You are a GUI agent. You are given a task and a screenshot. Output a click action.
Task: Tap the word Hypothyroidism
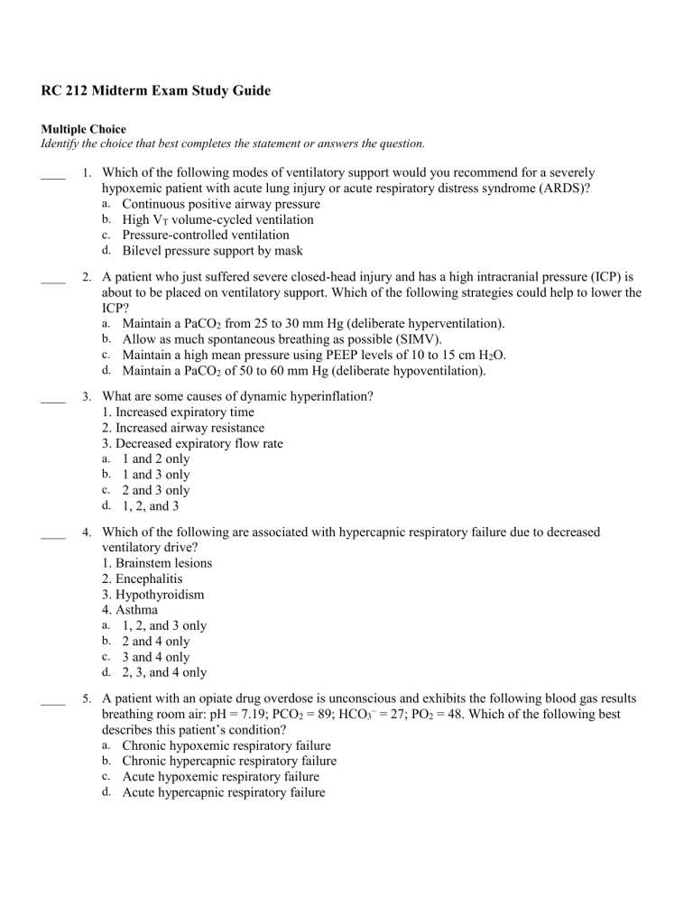point(157,594)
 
